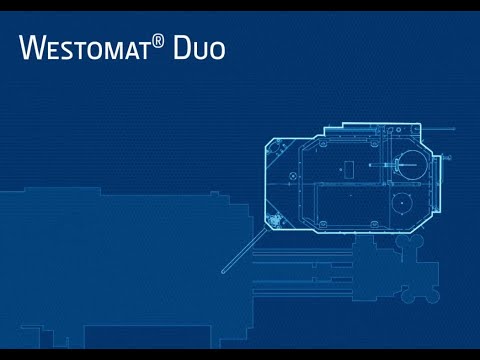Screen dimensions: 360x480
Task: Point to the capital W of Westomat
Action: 30,46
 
